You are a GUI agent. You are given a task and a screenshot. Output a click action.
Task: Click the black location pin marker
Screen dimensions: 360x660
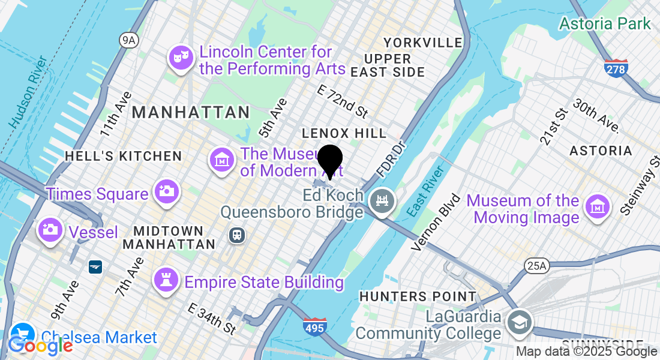tap(329, 160)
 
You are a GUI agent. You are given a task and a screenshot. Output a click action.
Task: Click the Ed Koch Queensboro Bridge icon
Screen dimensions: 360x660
tap(382, 198)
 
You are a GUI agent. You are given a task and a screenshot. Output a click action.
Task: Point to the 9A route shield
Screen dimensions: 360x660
tap(128, 40)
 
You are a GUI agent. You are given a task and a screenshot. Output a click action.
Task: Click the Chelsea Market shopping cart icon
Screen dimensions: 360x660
tap(23, 335)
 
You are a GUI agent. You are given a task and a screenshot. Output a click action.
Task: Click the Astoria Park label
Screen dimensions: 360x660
tap(605, 24)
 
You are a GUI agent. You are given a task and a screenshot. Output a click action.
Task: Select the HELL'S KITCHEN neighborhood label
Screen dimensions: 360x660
tap(123, 156)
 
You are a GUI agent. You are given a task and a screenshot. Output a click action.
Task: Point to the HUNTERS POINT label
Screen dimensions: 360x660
tap(418, 296)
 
